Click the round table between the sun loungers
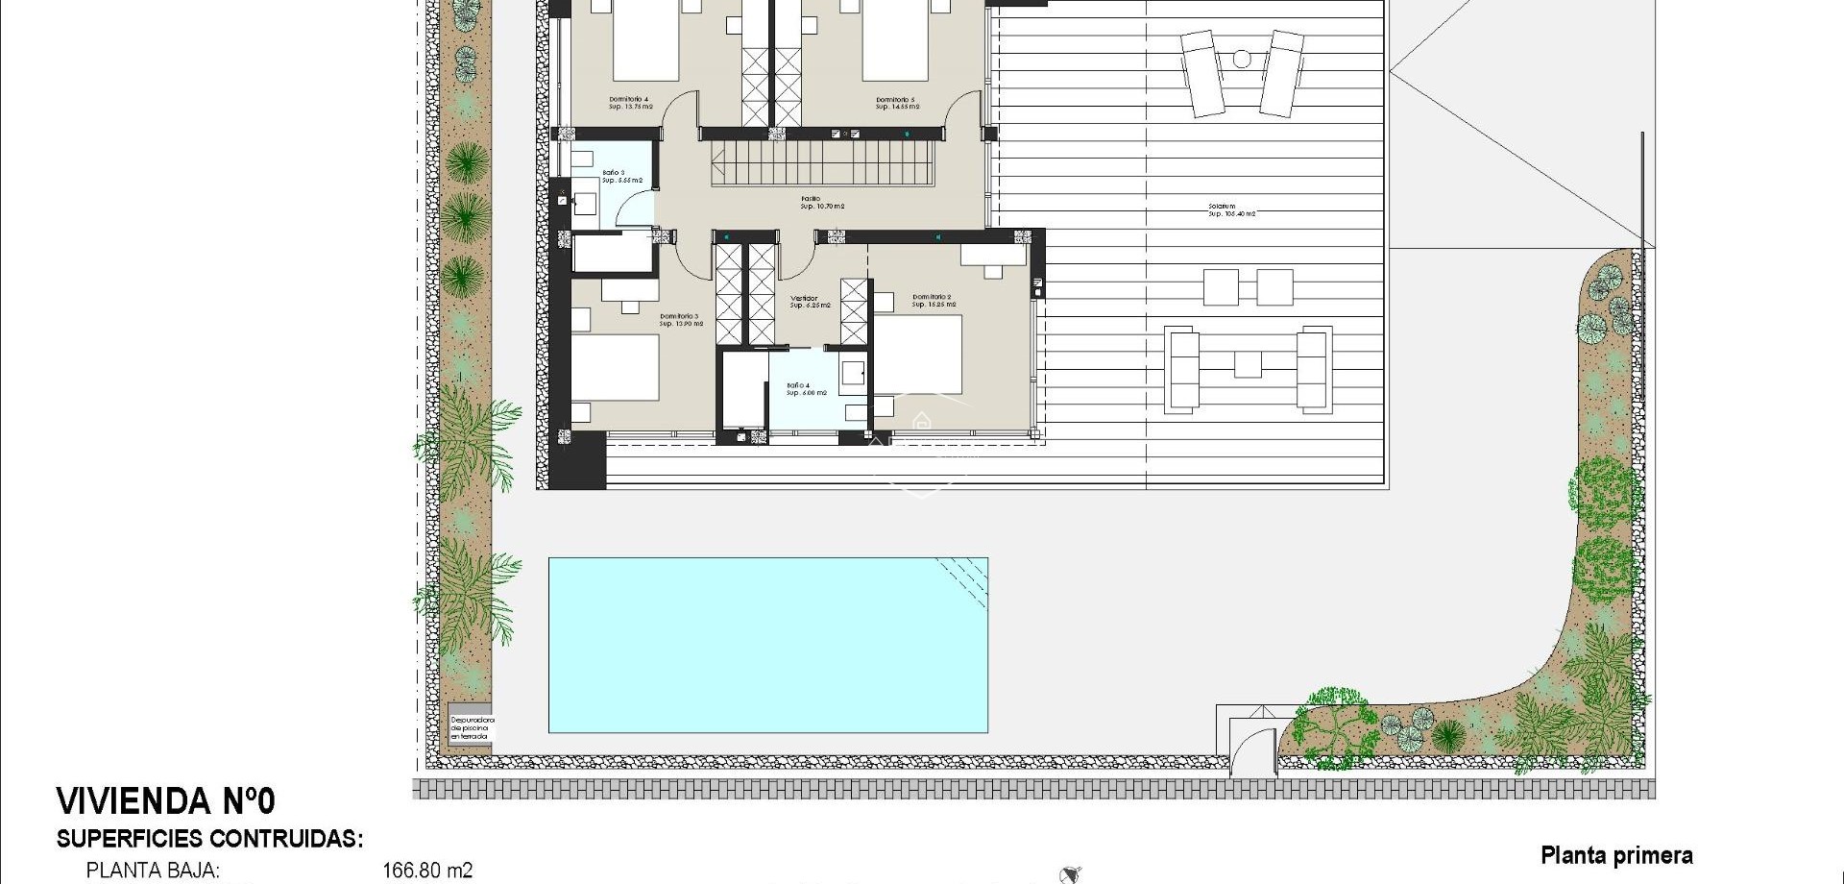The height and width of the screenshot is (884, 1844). coord(1241,60)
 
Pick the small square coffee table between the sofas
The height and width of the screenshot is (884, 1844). coord(1248,365)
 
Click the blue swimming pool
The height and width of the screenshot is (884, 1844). coord(767,645)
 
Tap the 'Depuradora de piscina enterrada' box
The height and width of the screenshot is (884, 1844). coord(472,727)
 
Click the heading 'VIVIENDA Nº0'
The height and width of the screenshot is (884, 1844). coord(165,800)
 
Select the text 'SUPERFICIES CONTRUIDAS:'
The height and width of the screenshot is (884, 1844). coord(209,839)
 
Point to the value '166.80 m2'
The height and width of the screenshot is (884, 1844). coord(427,871)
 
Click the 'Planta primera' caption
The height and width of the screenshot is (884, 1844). coord(1616,855)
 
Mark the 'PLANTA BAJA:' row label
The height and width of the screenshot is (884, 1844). coord(154,871)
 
